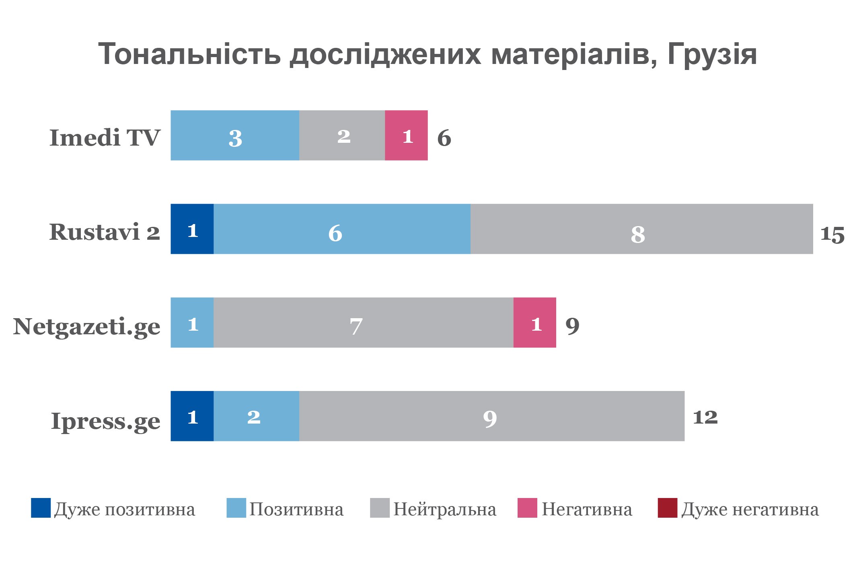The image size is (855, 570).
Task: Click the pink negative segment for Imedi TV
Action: [x=406, y=136]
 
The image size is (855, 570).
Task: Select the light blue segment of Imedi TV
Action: [x=235, y=136]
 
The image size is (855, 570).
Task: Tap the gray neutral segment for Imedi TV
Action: [x=342, y=136]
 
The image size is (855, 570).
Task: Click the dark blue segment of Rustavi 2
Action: [x=192, y=229]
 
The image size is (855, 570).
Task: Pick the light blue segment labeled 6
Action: [x=342, y=229]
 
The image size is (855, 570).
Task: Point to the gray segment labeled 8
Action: [x=641, y=229]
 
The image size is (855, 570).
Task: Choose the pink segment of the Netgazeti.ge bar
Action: [x=534, y=323]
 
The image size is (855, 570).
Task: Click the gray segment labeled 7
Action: [x=363, y=323]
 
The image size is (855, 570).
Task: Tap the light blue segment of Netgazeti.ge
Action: [x=192, y=323]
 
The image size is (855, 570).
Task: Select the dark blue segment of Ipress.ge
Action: [x=192, y=416]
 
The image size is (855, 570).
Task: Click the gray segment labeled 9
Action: [x=491, y=416]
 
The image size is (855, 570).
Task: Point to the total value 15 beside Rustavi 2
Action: [x=832, y=234]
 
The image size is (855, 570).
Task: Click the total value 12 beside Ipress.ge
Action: [x=705, y=417]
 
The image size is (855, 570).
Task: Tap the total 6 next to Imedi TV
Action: [x=444, y=138]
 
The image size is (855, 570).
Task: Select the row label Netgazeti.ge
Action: [x=87, y=327]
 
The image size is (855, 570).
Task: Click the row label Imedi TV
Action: [x=105, y=138]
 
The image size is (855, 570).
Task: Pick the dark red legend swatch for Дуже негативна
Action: [x=667, y=508]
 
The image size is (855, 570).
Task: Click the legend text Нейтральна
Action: [x=444, y=510]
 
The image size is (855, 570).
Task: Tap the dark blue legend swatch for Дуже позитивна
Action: [x=41, y=508]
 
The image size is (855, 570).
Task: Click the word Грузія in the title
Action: [x=712, y=54]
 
